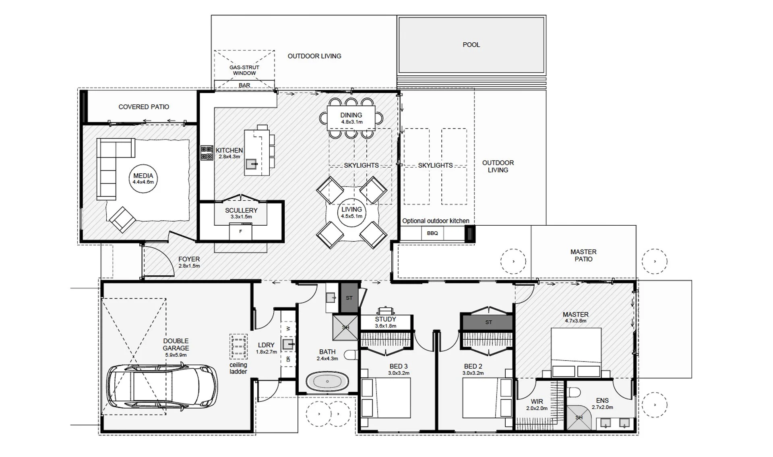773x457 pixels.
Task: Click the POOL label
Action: pyautogui.click(x=471, y=45)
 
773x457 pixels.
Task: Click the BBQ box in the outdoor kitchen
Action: pyautogui.click(x=432, y=233)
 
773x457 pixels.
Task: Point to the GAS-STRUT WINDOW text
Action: pyautogui.click(x=244, y=70)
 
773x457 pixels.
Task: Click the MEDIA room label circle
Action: pyautogui.click(x=143, y=178)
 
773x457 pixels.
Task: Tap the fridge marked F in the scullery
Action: pyautogui.click(x=240, y=232)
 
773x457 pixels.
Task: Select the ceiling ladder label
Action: pyautogui.click(x=238, y=368)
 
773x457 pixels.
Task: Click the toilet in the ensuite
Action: pyautogui.click(x=574, y=392)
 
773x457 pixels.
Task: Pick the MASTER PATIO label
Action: pyautogui.click(x=583, y=256)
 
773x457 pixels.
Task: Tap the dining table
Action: pyautogui.click(x=351, y=117)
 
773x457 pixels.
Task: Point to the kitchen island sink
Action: pyautogui.click(x=251, y=164)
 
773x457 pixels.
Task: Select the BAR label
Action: pyautogui.click(x=244, y=85)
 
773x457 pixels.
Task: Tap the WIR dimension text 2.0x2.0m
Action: pyautogui.click(x=537, y=408)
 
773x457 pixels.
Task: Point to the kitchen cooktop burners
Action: pyautogui.click(x=207, y=153)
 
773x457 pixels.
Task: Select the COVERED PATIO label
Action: pyautogui.click(x=144, y=107)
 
